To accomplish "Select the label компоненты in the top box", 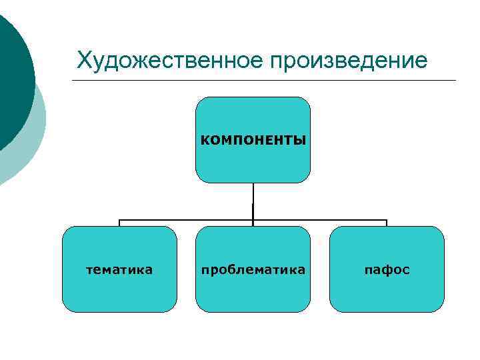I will click(x=253, y=140).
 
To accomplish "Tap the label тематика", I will click(x=120, y=270).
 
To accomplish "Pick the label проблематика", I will click(x=253, y=270).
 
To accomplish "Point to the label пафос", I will click(x=387, y=270).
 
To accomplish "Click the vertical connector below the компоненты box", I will click(x=253, y=200).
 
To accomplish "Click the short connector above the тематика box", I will click(x=120, y=223).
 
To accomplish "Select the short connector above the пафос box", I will click(x=387, y=223).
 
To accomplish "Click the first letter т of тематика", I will click(x=91, y=270).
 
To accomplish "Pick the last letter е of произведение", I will click(x=421, y=61).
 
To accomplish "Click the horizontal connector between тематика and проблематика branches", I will click(x=187, y=219).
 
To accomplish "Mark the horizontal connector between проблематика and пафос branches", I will click(x=320, y=219).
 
